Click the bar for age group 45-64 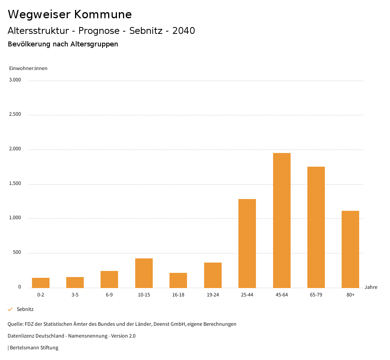click(x=281, y=220)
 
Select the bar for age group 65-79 click(x=316, y=227)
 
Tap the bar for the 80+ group click(x=350, y=249)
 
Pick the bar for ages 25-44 click(x=247, y=243)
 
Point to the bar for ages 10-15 click(x=144, y=273)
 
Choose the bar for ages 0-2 click(x=41, y=283)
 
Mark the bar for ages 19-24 click(x=213, y=275)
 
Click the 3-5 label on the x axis click(x=75, y=295)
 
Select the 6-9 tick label click(x=109, y=295)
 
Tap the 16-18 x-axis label click(x=178, y=295)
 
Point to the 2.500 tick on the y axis click(x=15, y=114)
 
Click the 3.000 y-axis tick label click(x=15, y=80)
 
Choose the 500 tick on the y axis click(x=17, y=252)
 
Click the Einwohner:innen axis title click(x=28, y=68)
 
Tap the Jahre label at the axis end click(x=371, y=287)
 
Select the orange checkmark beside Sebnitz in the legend click(x=10, y=309)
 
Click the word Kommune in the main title click(x=103, y=14)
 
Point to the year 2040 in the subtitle click(x=184, y=31)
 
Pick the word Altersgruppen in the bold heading click(x=94, y=44)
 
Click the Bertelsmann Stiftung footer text click(x=34, y=347)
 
